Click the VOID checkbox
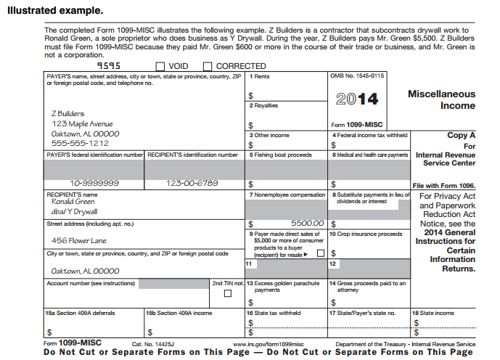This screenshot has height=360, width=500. (160, 67)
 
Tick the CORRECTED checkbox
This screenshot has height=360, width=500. (208, 67)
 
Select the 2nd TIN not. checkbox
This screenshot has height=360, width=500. (228, 293)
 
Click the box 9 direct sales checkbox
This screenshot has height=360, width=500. (320, 253)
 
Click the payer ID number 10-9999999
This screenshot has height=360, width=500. (95, 183)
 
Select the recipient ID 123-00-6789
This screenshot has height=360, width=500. (192, 183)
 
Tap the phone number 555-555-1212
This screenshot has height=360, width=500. (80, 144)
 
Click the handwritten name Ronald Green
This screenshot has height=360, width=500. (73, 202)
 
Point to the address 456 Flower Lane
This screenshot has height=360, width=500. (78, 240)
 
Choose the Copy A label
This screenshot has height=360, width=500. (461, 135)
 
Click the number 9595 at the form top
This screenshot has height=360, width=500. (109, 65)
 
